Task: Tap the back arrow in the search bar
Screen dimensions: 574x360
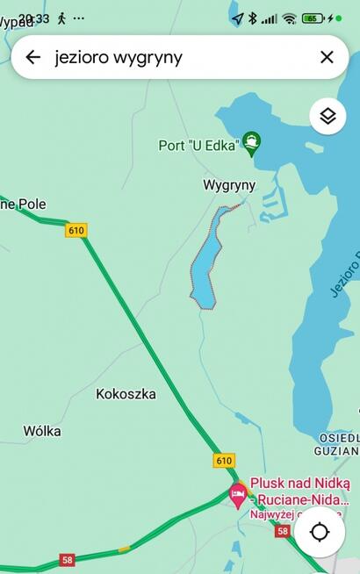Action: (33, 57)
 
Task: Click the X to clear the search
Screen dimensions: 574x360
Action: (327, 57)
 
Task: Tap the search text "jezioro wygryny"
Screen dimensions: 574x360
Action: (119, 57)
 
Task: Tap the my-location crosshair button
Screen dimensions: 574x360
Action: (320, 532)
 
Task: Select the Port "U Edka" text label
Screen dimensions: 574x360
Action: (198, 146)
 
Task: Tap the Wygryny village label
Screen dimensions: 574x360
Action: (228, 185)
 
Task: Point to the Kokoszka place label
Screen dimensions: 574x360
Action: (126, 394)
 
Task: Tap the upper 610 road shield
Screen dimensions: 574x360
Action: (76, 230)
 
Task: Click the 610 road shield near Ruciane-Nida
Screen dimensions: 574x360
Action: (224, 460)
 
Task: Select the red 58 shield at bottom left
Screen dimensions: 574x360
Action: (67, 559)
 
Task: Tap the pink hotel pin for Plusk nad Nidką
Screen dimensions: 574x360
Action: (237, 494)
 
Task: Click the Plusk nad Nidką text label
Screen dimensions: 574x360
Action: (299, 483)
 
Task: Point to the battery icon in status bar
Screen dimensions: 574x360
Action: (313, 18)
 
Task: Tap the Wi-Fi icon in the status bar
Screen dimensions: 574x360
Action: (289, 18)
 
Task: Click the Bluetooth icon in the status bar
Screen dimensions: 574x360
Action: (252, 18)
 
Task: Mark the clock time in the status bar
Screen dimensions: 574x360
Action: (35, 18)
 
